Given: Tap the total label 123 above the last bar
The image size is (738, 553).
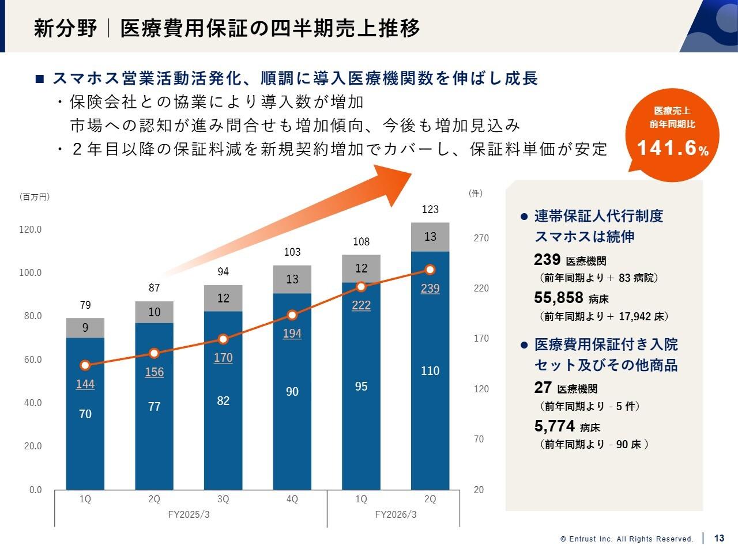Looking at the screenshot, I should pyautogui.click(x=430, y=210).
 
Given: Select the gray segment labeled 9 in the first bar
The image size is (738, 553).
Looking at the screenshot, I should pyautogui.click(x=85, y=328).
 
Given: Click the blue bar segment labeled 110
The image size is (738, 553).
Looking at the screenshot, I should pyautogui.click(x=430, y=371).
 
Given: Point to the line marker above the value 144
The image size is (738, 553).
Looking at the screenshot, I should pyautogui.click(x=85, y=365).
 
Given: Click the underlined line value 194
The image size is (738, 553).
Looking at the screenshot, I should pyautogui.click(x=292, y=334).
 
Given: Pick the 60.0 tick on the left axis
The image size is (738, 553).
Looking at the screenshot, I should pyautogui.click(x=30, y=359).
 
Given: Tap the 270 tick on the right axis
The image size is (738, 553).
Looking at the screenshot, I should pyautogui.click(x=481, y=238).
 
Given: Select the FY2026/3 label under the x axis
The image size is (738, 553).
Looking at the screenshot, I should pyautogui.click(x=396, y=514).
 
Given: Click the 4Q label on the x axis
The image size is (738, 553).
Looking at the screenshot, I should pyautogui.click(x=292, y=499).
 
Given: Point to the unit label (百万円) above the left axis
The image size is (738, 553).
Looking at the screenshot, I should pyautogui.click(x=35, y=197).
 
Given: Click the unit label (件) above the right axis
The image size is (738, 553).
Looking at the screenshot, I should pyautogui.click(x=476, y=194).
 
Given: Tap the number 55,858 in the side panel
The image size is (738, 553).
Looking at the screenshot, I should pyautogui.click(x=559, y=297).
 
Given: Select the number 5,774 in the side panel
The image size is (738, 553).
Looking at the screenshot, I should pyautogui.click(x=555, y=426).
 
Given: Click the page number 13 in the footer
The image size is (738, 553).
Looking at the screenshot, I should pyautogui.click(x=719, y=539).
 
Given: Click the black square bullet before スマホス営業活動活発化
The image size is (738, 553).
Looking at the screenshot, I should pyautogui.click(x=40, y=79).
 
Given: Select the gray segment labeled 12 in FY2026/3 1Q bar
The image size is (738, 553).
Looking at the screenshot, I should pyautogui.click(x=361, y=268).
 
